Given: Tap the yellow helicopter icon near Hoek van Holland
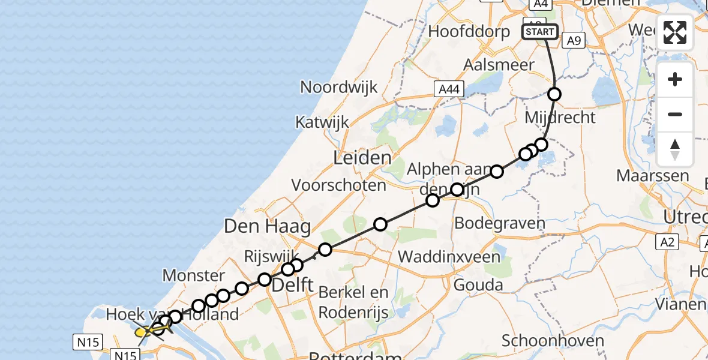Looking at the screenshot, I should coord(146,331).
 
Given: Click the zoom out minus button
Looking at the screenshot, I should coord(675,115).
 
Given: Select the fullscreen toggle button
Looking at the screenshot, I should coord(675,32).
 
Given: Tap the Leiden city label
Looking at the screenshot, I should coord(362,158).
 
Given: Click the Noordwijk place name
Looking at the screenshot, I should coord(339,87).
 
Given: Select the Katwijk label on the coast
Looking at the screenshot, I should coord(322,122).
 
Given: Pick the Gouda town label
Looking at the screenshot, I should coord(478,284).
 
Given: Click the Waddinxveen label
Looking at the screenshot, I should coord(449,257).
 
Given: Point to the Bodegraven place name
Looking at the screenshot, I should coord(500,223).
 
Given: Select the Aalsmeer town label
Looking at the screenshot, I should coord(491,65).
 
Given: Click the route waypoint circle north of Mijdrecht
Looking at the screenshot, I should coord(554,94).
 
